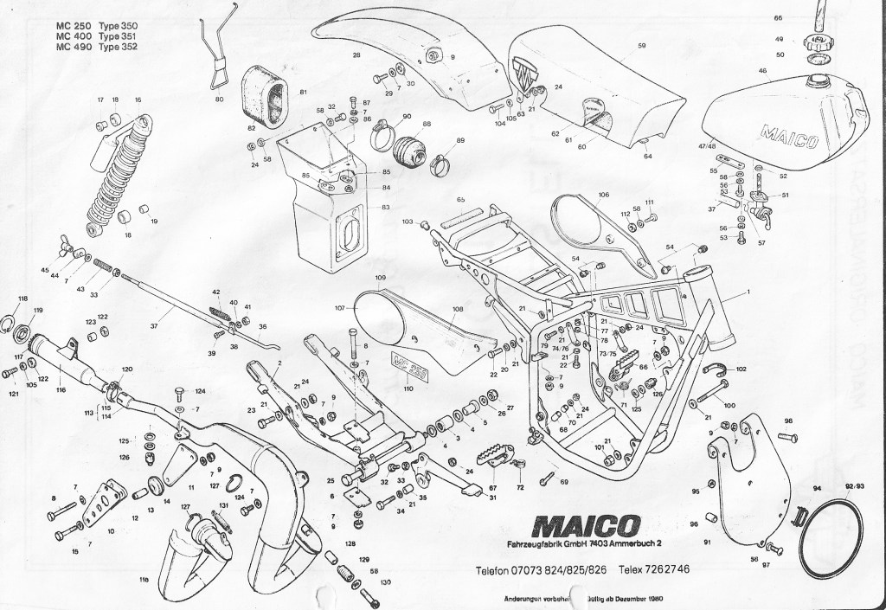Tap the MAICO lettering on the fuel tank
788,136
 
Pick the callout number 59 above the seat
641,46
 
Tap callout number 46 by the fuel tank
762,71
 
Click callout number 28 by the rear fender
355,55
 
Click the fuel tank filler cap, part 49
814,40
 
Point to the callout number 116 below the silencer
61,390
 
